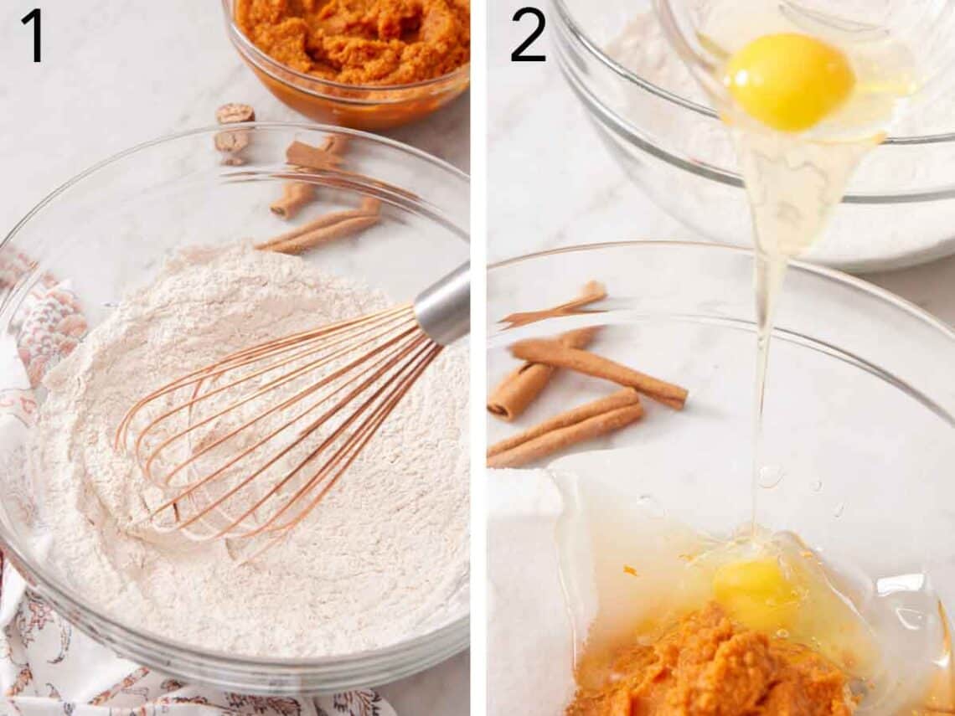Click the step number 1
click(x=32, y=34)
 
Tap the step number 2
click(x=528, y=34)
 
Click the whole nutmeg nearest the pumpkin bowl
click(x=235, y=113)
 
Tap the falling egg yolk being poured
click(x=788, y=81)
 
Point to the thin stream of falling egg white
click(x=762, y=377)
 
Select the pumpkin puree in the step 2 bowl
click(x=712, y=666)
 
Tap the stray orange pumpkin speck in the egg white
click(x=629, y=571)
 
